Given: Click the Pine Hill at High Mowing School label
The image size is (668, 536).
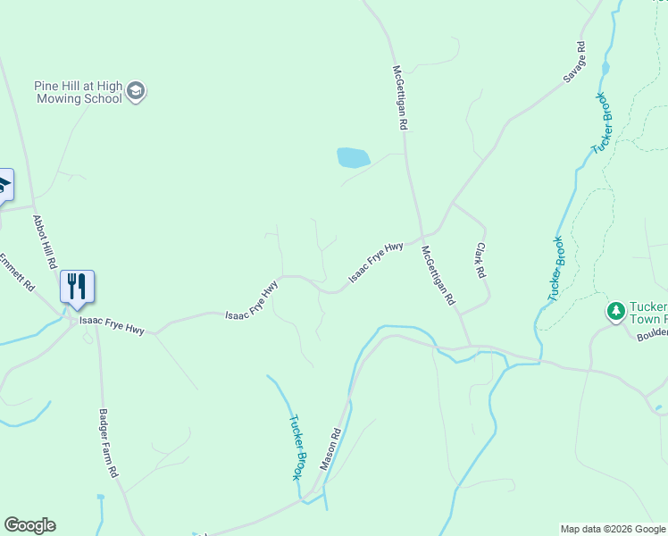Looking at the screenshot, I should (78, 92).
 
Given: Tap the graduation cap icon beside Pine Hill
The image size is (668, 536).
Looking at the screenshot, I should (136, 91).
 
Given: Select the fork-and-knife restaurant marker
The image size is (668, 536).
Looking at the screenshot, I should (77, 287).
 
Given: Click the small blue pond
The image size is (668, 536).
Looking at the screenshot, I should (353, 158).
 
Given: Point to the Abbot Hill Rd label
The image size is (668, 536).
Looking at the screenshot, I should (45, 242).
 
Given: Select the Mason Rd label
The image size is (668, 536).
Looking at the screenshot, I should (330, 452).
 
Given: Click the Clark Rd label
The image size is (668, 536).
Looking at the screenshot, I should (483, 260).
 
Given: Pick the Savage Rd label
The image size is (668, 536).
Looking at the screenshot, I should (574, 63).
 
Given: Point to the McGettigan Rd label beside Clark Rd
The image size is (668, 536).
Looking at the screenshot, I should (438, 276).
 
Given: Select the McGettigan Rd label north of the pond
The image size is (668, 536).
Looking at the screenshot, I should (400, 98).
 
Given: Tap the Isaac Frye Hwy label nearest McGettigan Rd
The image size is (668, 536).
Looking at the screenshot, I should (376, 262).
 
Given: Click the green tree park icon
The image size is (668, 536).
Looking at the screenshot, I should (614, 311).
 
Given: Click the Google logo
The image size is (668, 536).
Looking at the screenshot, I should (29, 525).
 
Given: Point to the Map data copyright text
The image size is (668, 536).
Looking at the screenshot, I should (613, 529).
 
